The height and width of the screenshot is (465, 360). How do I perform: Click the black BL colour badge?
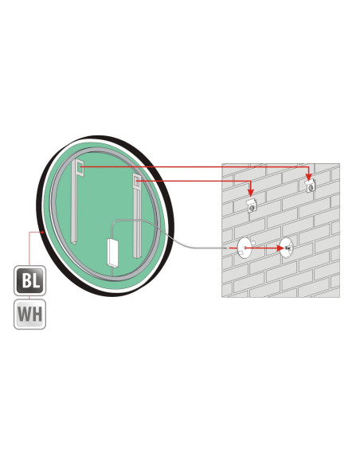tap(29, 280)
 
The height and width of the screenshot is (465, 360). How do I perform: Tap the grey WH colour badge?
tap(29, 314)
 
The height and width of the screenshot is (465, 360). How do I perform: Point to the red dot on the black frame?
tap(43, 232)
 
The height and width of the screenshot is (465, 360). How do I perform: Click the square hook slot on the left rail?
tap(80, 168)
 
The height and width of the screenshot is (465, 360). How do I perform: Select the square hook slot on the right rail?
tap(136, 181)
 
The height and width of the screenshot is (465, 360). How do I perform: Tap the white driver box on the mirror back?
tap(112, 252)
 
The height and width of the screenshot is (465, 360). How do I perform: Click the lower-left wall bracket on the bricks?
tap(252, 205)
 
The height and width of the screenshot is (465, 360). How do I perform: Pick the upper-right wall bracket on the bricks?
tap(310, 186)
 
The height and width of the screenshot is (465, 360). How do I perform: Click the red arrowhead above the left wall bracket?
tap(251, 193)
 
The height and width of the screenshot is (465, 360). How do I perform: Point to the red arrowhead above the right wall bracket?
tap(309, 177)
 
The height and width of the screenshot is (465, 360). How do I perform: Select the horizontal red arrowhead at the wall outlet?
tap(280, 248)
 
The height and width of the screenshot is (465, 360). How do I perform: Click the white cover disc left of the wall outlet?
tap(245, 248)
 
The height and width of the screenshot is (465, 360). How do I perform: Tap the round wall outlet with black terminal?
tap(287, 248)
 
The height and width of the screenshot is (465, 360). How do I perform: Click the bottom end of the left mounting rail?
tap(73, 241)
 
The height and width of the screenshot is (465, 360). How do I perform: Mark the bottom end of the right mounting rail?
tap(137, 255)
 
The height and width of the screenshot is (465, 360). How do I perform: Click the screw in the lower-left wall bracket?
tap(252, 208)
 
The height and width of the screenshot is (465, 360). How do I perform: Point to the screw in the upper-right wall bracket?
tap(311, 188)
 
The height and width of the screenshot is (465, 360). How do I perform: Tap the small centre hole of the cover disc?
tap(245, 248)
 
